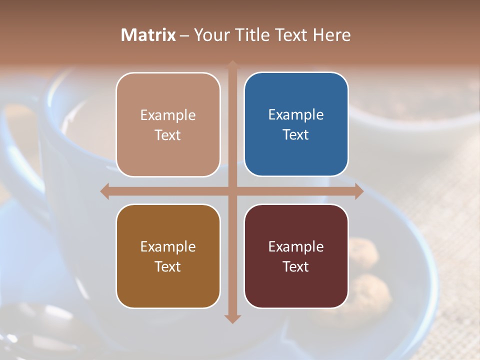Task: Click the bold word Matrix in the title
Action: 148,34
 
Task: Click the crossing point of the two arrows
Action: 232,191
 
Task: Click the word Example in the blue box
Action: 296,114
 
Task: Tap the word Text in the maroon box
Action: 296,266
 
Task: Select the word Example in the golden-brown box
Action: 168,246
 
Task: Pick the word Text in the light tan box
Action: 168,135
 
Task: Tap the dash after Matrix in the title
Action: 184,35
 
